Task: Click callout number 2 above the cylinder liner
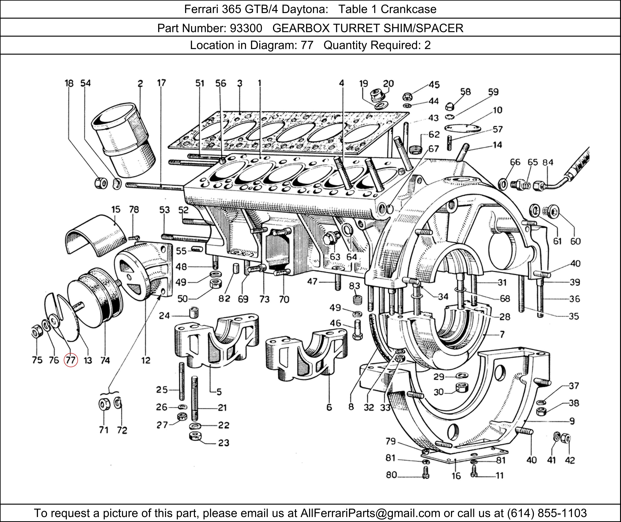click(x=140, y=83)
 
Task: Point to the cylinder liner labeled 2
click(x=124, y=139)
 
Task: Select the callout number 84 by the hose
click(x=548, y=162)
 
